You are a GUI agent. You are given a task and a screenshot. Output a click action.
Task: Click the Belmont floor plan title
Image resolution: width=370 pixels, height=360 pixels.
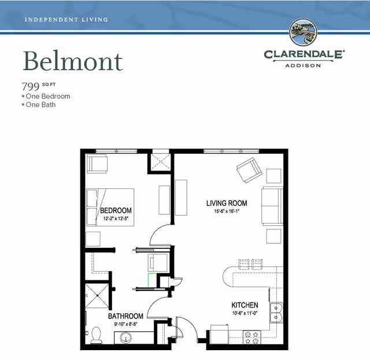[73, 61]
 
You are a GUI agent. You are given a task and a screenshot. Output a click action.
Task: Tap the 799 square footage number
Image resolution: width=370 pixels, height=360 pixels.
[31, 86]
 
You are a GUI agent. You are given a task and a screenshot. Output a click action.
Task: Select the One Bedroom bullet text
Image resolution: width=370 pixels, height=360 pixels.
[48, 97]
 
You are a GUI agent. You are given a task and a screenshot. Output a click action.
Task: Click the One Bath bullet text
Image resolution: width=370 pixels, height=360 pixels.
[40, 105]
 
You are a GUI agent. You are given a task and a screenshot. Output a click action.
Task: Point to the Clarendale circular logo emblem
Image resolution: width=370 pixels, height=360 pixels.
[303, 32]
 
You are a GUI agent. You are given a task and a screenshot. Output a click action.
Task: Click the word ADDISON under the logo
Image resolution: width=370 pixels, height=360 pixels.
[303, 65]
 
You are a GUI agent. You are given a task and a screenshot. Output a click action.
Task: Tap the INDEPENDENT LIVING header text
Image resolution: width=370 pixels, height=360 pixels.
[66, 20]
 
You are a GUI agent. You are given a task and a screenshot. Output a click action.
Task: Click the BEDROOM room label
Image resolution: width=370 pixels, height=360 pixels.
[116, 210]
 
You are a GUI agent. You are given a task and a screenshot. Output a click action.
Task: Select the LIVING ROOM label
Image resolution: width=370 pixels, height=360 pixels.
[227, 203]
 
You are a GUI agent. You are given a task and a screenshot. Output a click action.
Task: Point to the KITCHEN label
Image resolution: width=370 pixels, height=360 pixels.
[245, 305]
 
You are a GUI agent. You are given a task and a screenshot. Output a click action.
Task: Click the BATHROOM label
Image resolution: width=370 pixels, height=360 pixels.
[125, 316]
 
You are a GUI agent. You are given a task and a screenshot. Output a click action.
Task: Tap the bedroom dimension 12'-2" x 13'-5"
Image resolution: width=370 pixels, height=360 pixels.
[116, 218]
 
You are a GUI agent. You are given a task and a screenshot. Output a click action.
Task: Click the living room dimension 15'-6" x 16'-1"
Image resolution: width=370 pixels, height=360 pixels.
[227, 211]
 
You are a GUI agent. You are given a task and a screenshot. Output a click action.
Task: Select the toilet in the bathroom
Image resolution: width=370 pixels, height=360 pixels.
[96, 335]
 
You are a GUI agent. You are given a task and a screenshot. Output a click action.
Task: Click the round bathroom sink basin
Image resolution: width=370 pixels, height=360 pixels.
[126, 338]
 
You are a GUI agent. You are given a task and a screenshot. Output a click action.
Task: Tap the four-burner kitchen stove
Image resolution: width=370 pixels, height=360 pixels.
[252, 337]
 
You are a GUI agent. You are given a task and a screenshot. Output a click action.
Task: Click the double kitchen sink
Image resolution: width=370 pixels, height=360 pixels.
[276, 313]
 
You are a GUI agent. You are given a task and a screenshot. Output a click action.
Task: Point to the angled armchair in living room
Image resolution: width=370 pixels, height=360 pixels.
[249, 170]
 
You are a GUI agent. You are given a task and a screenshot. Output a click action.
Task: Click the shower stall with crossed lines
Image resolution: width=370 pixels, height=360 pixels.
[97, 296]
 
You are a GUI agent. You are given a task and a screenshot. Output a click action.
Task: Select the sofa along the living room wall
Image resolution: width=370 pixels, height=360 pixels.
[272, 206]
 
